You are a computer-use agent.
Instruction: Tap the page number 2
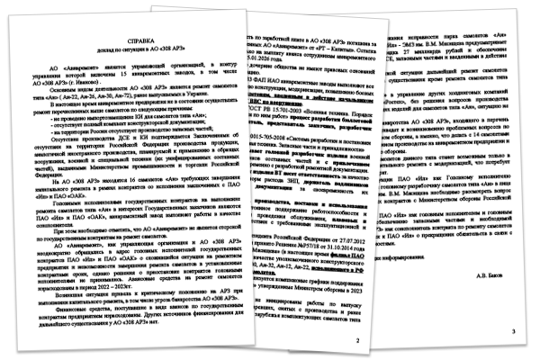click(357, 316)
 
